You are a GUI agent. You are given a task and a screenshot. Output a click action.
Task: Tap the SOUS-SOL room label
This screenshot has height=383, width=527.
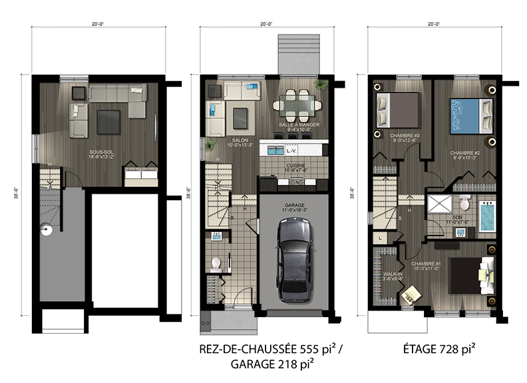100,152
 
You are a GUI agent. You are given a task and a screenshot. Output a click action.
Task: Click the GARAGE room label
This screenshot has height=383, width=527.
295,205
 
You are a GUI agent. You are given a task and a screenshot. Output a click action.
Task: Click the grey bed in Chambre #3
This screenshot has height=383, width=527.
397,109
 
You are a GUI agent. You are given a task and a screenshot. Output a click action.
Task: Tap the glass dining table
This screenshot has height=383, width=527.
296,102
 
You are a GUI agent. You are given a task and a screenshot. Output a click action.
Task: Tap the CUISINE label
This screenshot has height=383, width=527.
295,166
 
